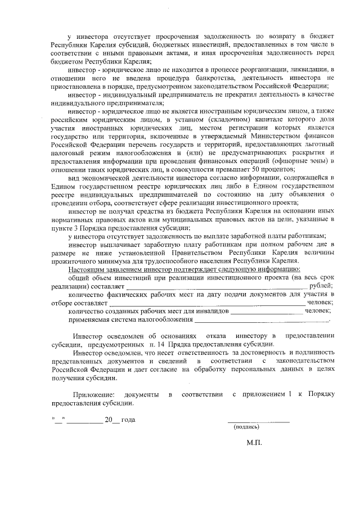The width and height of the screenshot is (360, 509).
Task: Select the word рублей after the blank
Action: [320, 286]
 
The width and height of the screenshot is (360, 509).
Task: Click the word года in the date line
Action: [128, 420]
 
